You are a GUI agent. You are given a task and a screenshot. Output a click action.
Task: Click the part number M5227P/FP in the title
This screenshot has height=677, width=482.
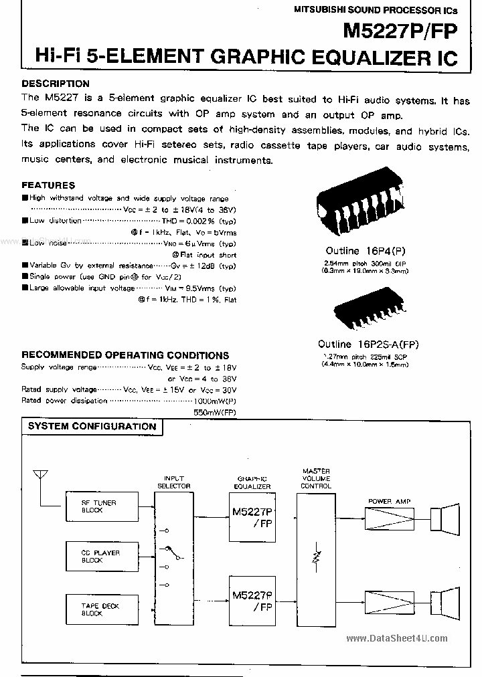[400, 31]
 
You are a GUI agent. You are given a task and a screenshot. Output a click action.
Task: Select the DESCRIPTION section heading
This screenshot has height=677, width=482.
[56, 84]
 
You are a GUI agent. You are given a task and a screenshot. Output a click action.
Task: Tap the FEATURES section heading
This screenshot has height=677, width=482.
[48, 185]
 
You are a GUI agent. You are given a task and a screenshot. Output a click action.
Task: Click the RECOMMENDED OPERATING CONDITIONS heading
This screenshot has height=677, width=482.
[125, 355]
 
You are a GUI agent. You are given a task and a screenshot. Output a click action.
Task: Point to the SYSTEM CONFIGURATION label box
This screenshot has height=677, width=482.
[92, 426]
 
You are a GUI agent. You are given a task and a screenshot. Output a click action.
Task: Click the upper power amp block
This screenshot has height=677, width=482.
[389, 518]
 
